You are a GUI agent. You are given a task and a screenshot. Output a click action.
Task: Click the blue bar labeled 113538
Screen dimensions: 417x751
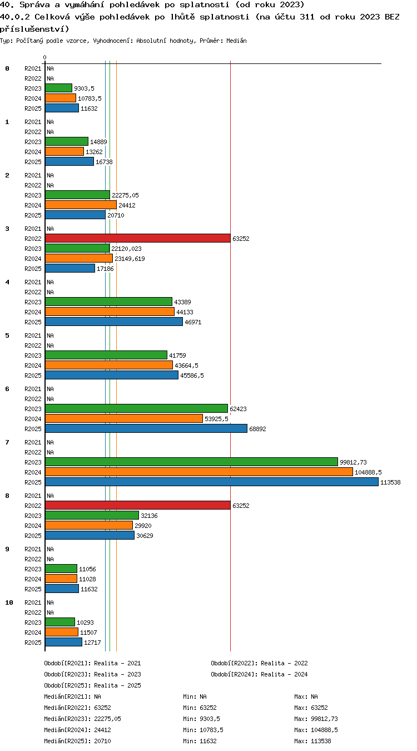(x=211, y=482)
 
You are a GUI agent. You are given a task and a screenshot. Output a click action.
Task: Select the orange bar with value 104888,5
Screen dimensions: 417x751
(x=199, y=472)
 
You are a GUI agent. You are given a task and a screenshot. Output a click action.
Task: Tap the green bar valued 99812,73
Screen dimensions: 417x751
(x=191, y=462)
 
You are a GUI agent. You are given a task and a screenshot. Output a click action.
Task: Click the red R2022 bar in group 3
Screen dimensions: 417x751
(x=138, y=239)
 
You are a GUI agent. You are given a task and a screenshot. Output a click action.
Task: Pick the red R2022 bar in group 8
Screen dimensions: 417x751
(x=138, y=505)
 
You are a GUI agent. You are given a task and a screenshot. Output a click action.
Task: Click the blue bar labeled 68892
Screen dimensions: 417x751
(x=146, y=428)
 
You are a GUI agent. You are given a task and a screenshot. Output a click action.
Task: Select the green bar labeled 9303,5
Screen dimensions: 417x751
(x=59, y=88)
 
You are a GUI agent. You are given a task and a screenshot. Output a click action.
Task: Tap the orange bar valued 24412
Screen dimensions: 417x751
(x=81, y=205)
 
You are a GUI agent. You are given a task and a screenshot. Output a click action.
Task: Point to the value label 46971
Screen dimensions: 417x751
(x=193, y=322)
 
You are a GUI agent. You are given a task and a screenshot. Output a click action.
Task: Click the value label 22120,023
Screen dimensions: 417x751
(x=126, y=249)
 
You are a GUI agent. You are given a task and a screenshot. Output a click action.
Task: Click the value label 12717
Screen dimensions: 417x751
(x=92, y=643)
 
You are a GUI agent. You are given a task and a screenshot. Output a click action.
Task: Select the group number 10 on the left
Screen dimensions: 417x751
(x=9, y=602)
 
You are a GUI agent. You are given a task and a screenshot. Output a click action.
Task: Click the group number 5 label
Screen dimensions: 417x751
(x=7, y=335)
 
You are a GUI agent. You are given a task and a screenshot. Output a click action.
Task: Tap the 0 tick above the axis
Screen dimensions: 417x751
(x=44, y=58)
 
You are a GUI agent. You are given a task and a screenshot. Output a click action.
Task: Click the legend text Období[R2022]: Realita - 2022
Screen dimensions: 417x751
(x=259, y=663)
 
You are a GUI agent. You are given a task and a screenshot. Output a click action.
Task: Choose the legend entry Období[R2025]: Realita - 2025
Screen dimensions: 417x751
(x=92, y=685)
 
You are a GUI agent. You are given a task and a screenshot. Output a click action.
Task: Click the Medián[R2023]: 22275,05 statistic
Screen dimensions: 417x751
(x=82, y=719)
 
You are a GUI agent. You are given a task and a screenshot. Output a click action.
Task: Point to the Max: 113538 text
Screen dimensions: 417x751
(x=312, y=741)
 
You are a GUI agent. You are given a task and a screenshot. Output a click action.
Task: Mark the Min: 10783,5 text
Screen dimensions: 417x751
(x=203, y=730)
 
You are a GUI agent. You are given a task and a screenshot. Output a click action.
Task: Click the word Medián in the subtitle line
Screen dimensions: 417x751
(x=236, y=41)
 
